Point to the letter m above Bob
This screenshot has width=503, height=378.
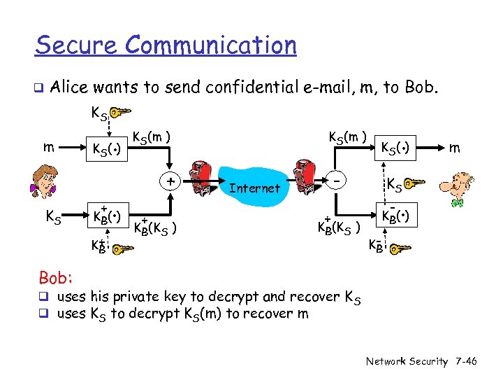(x=455, y=148)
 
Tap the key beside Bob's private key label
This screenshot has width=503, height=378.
(x=400, y=248)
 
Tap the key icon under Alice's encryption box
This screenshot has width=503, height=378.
(x=120, y=248)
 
